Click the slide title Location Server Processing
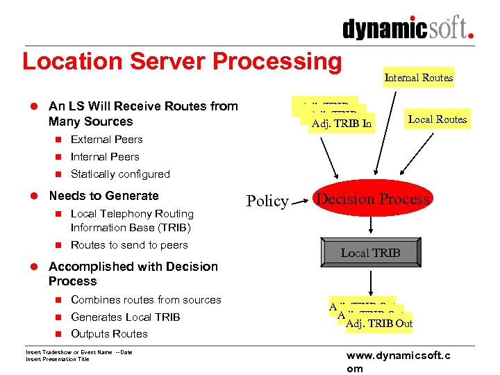click(182, 61)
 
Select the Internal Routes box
click(419, 78)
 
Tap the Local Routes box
click(437, 119)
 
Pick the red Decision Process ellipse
click(374, 200)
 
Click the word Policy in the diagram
click(267, 201)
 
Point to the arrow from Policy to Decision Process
click(301, 201)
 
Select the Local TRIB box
click(370, 253)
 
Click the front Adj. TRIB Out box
click(378, 324)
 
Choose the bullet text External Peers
click(106, 140)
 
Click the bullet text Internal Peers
click(105, 157)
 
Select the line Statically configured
click(120, 174)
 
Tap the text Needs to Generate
click(103, 196)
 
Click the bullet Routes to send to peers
click(129, 245)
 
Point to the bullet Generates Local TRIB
click(125, 317)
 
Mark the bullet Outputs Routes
click(109, 334)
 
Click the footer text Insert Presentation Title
click(58, 359)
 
